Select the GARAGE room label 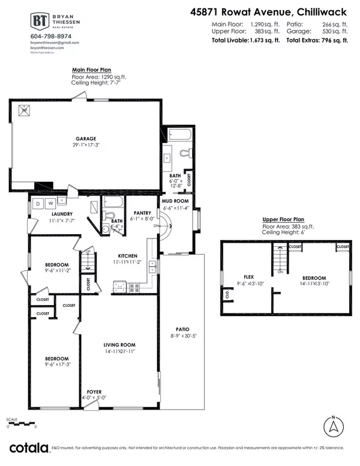[86, 137]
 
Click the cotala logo [29, 448]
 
